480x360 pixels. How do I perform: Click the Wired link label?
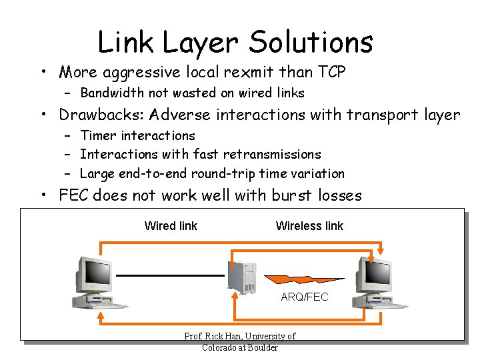click(171, 226)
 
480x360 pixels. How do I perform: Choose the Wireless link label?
click(309, 226)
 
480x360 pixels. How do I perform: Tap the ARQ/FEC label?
click(305, 297)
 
